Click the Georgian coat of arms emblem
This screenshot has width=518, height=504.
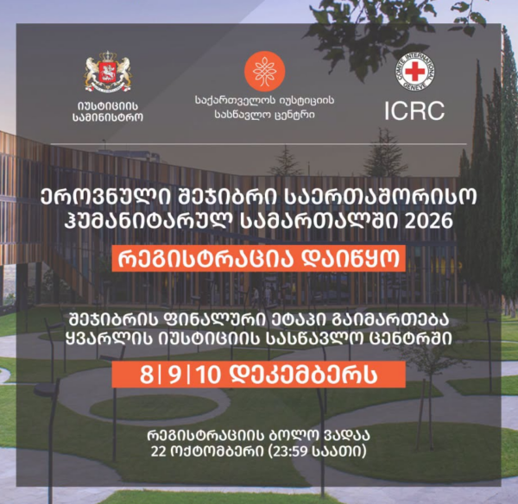(108, 71)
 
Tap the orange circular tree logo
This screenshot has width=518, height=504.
(265, 72)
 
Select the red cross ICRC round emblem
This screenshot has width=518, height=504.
(414, 72)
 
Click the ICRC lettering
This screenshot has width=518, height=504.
(414, 110)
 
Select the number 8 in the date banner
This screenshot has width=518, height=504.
(147, 375)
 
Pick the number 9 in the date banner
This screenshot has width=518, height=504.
(174, 375)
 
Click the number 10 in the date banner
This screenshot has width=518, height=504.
(208, 375)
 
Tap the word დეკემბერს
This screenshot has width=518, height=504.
(303, 375)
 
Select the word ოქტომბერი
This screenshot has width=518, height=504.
(217, 451)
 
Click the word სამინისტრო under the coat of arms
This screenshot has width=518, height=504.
(108, 117)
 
